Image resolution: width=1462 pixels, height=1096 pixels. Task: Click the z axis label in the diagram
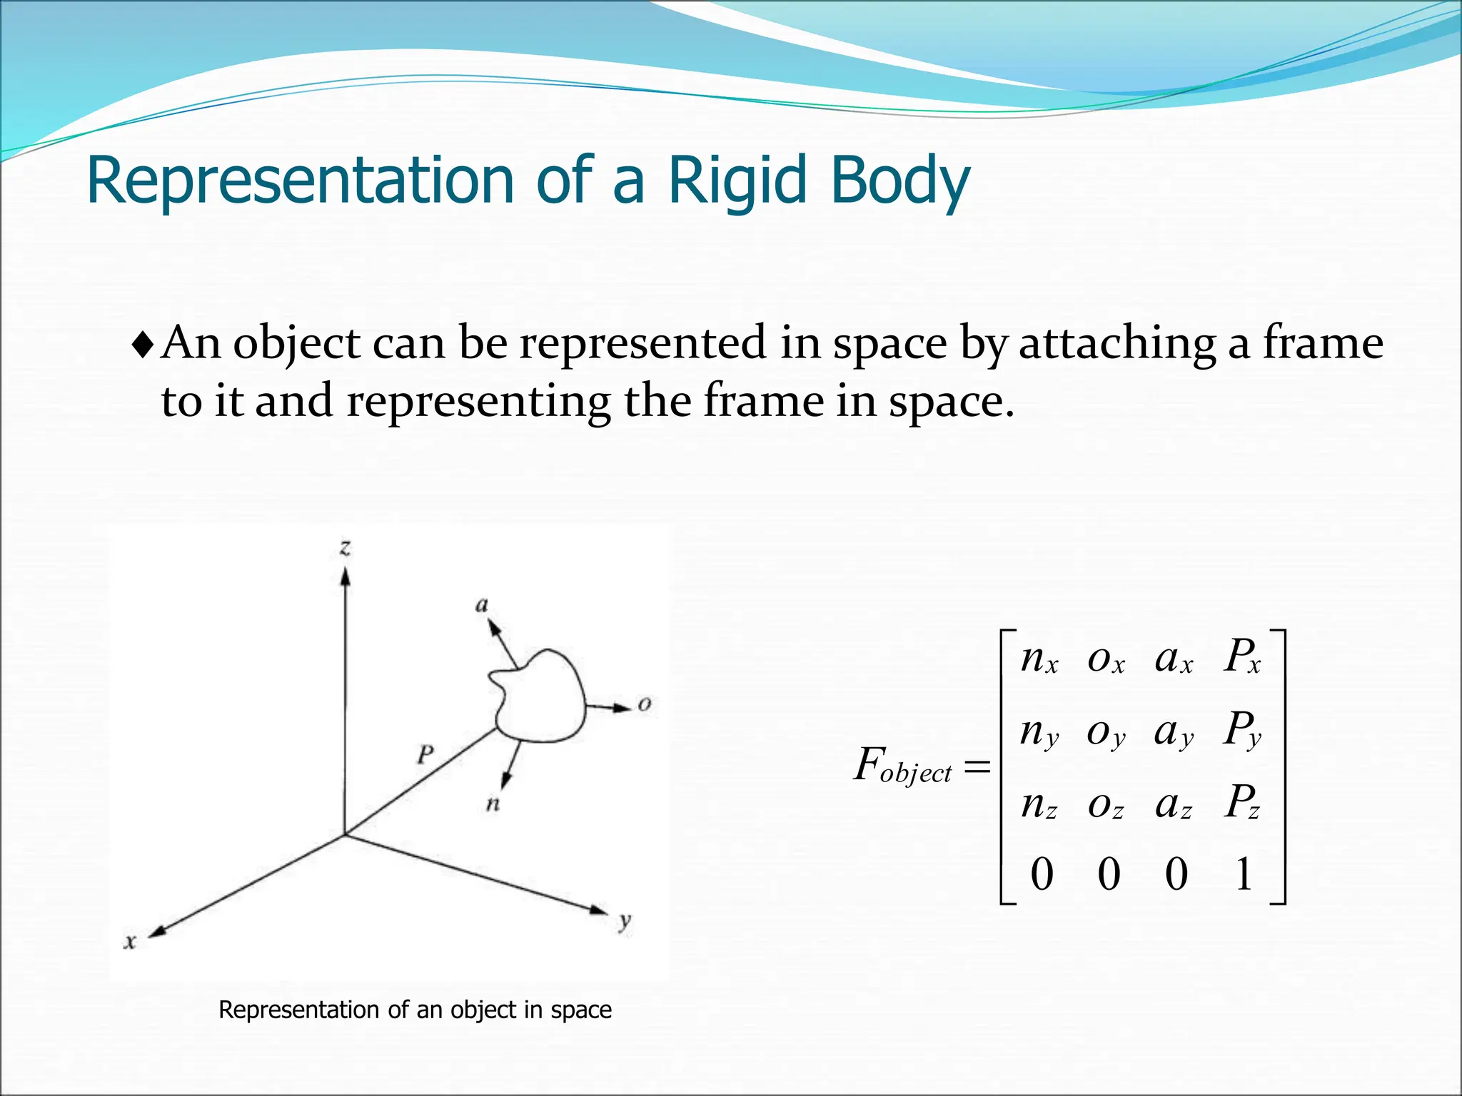click(346, 548)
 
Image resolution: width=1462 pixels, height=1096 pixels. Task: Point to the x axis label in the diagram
click(130, 941)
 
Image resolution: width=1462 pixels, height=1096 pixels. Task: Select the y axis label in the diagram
click(625, 921)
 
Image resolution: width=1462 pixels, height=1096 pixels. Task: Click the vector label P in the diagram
click(425, 754)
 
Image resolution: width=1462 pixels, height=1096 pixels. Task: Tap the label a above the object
click(482, 606)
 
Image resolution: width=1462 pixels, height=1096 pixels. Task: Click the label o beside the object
click(645, 704)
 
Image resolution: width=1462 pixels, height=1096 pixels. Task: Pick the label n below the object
click(493, 804)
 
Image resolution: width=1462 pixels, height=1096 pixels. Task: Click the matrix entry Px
click(1242, 656)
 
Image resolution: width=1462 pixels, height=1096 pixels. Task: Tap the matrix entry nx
click(1039, 658)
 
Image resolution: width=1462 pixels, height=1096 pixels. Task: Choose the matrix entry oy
click(1106, 732)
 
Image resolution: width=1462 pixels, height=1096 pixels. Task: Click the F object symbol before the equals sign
click(903, 766)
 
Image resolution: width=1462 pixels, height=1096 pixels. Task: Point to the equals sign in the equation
click(977, 767)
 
